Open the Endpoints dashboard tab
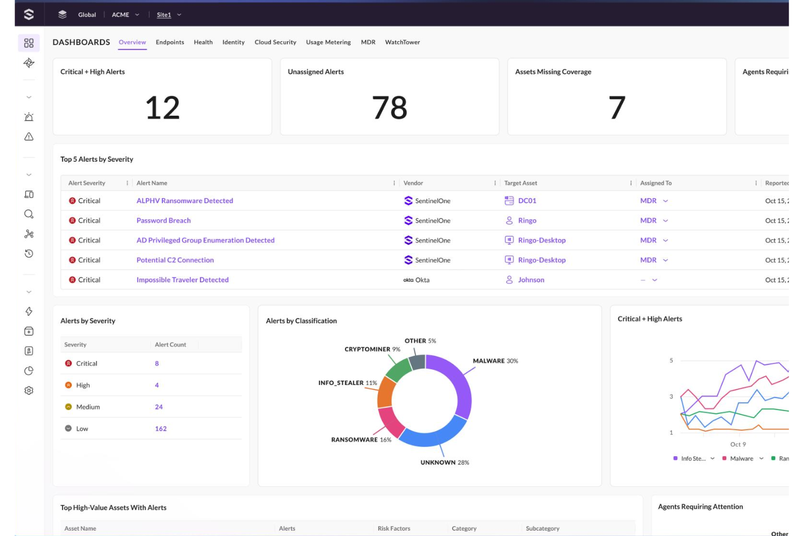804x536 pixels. [x=169, y=42]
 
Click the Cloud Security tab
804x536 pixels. [x=275, y=42]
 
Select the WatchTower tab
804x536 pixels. [x=402, y=42]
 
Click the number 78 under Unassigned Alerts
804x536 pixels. [x=390, y=108]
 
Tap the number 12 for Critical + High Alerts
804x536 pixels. [x=162, y=108]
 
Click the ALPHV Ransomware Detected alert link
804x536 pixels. [x=185, y=201]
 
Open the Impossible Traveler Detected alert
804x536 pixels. [x=183, y=280]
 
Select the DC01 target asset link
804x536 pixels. [x=526, y=201]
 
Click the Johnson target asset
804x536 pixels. [x=531, y=280]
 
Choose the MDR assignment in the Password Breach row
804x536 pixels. [x=649, y=220]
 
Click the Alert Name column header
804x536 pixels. [x=152, y=184]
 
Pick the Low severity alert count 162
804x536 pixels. [x=161, y=429]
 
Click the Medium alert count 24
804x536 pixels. [x=159, y=407]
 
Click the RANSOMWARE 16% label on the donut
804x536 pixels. [x=361, y=440]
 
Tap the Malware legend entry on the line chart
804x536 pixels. [x=741, y=459]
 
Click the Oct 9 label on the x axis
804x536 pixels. [x=738, y=445]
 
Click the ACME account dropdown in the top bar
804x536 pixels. [x=125, y=15]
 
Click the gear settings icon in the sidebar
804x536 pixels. [x=29, y=390]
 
